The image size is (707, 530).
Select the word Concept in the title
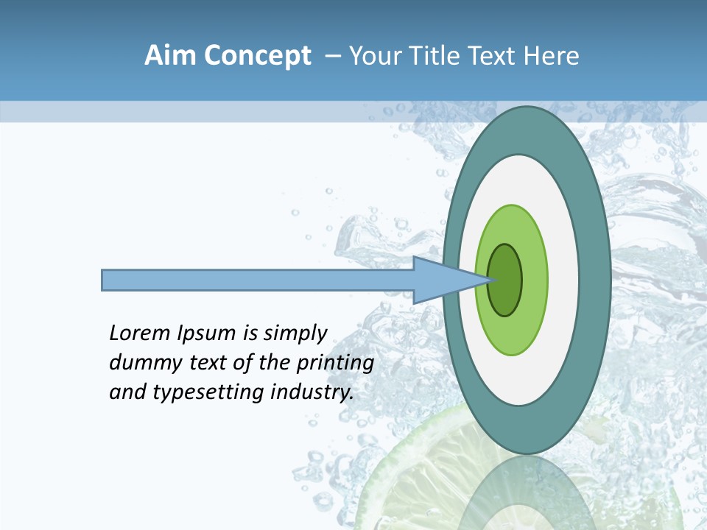point(256,56)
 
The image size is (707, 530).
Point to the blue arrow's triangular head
point(442,280)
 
